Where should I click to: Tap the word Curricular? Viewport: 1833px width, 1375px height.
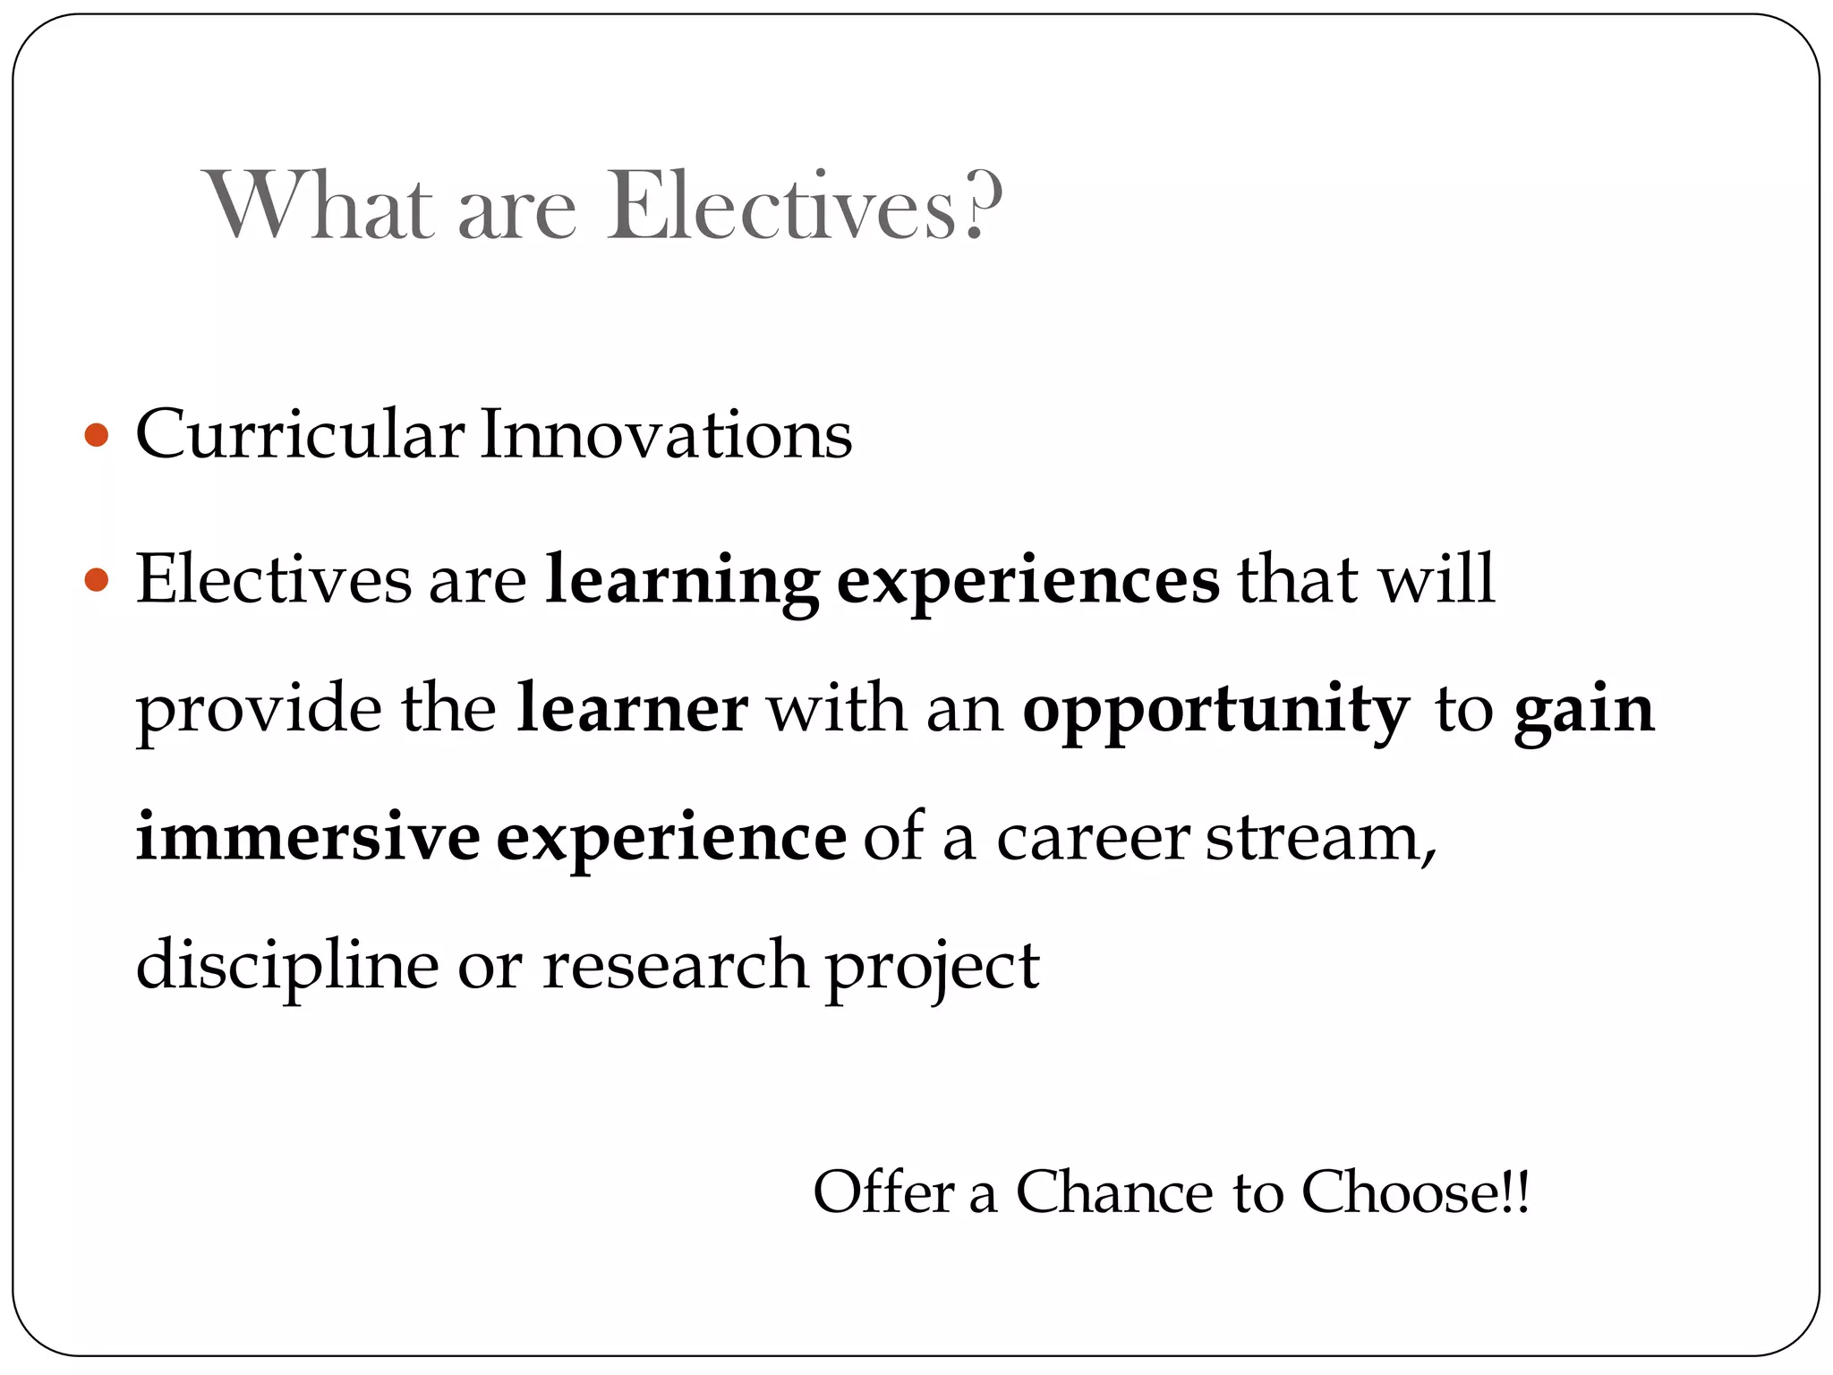click(300, 435)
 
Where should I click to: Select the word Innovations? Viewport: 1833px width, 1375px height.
click(666, 435)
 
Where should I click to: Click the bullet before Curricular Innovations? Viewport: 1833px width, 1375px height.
click(96, 437)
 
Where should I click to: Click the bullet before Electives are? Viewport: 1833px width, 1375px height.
click(96, 581)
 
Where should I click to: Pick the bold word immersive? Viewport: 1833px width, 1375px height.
click(308, 837)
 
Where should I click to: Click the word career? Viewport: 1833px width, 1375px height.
click(1092, 839)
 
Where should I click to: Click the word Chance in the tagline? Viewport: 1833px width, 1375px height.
click(1114, 1192)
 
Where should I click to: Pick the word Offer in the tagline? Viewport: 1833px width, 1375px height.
click(883, 1192)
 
